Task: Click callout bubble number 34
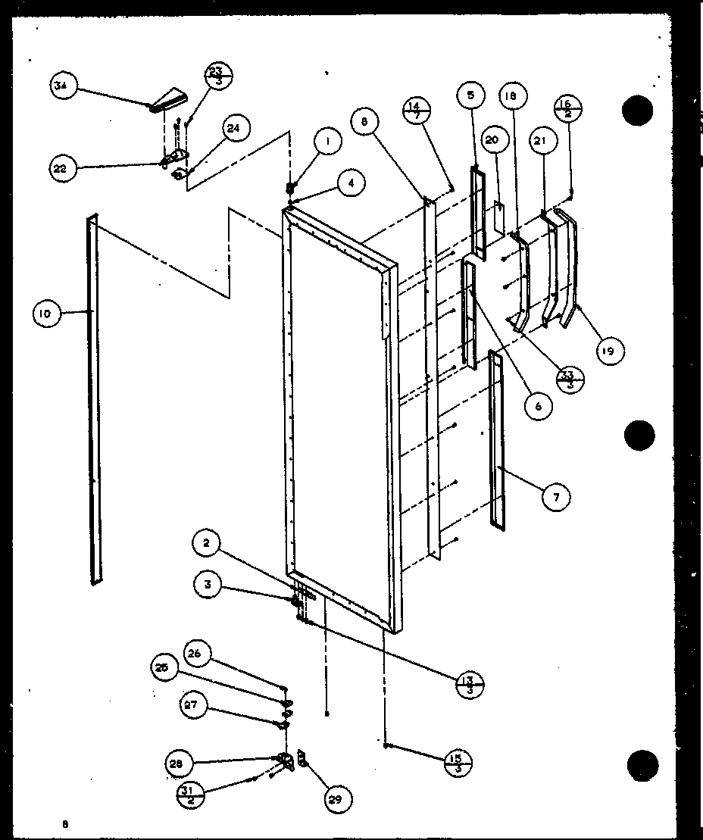(x=61, y=86)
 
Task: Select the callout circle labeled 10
(x=47, y=314)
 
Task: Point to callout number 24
(x=233, y=129)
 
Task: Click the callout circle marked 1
(x=328, y=142)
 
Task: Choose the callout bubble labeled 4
(x=351, y=183)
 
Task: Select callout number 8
(x=365, y=122)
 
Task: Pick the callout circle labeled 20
(x=492, y=140)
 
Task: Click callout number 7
(x=556, y=497)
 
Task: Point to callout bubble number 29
(x=339, y=798)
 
